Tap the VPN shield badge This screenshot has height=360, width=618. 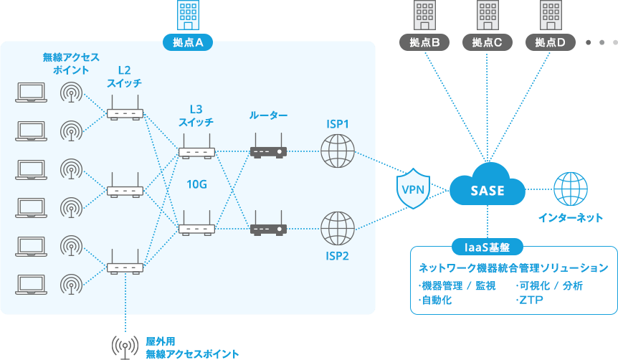click(x=413, y=191)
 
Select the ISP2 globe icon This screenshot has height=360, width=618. click(x=338, y=228)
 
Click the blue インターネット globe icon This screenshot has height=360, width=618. click(x=571, y=189)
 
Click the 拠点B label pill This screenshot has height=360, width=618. click(x=424, y=42)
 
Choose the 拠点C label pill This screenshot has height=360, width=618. click(x=488, y=42)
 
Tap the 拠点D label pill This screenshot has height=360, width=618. click(x=551, y=42)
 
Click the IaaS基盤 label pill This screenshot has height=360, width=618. click(x=488, y=247)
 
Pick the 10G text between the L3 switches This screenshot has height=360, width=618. click(x=196, y=184)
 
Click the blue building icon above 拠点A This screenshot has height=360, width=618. click(x=189, y=15)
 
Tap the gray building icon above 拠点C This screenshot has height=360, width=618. click(x=488, y=15)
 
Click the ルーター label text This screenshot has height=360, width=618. click(x=268, y=115)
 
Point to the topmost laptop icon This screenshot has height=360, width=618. click(x=30, y=92)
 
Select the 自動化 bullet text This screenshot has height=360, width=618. click(x=435, y=300)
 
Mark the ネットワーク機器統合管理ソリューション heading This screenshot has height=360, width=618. click(x=513, y=267)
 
